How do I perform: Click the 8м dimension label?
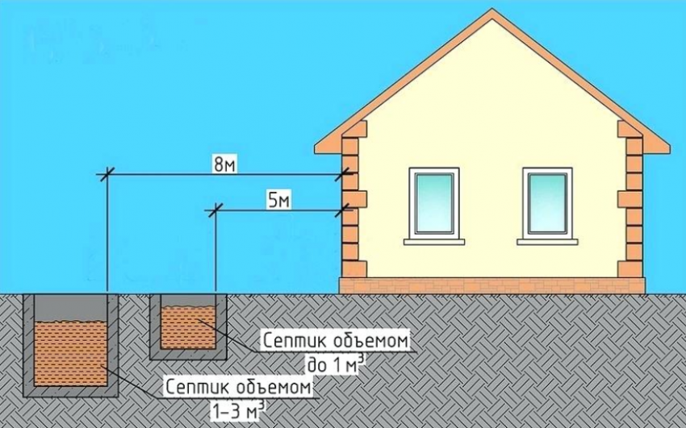pyautogui.click(x=224, y=165)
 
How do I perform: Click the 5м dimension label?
pyautogui.click(x=278, y=201)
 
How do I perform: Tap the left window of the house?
pyautogui.click(x=434, y=203)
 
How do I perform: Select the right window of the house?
pyautogui.click(x=547, y=203)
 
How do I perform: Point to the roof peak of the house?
pyautogui.click(x=492, y=9)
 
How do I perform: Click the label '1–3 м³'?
pyautogui.click(x=238, y=410)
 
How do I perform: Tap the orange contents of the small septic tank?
pyautogui.click(x=188, y=327)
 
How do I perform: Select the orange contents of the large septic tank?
pyautogui.click(x=70, y=353)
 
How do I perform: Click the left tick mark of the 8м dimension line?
pyautogui.click(x=107, y=174)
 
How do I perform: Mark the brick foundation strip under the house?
pyautogui.click(x=492, y=285)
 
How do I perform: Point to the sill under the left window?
pyautogui.click(x=434, y=242)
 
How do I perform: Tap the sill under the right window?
pyautogui.click(x=547, y=242)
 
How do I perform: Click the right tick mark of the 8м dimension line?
pyautogui.click(x=344, y=174)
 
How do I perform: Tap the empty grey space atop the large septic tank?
pyautogui.click(x=70, y=308)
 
